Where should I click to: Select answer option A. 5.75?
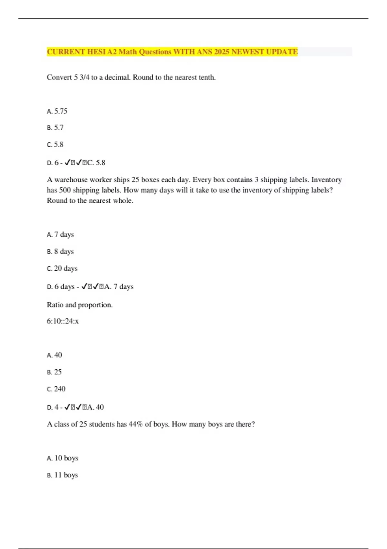pyautogui.click(x=57, y=111)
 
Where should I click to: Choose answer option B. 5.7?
pyautogui.click(x=55, y=128)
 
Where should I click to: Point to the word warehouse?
pyautogui.click(x=71, y=180)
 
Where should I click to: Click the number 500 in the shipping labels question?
pyautogui.click(x=65, y=190)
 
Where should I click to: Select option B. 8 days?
pyautogui.click(x=60, y=252)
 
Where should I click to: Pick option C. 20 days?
pyautogui.click(x=62, y=268)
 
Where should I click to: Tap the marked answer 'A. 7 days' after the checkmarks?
pyautogui.click(x=119, y=287)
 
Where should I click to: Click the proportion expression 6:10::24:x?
pyautogui.click(x=63, y=321)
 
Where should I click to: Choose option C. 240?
pyautogui.click(x=56, y=389)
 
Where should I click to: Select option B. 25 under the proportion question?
pyautogui.click(x=54, y=372)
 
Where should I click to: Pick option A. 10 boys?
pyautogui.click(x=63, y=458)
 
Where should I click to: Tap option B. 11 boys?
pyautogui.click(x=62, y=475)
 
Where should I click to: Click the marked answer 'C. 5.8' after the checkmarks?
pyautogui.click(x=96, y=163)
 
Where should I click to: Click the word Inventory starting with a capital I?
pyautogui.click(x=326, y=180)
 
